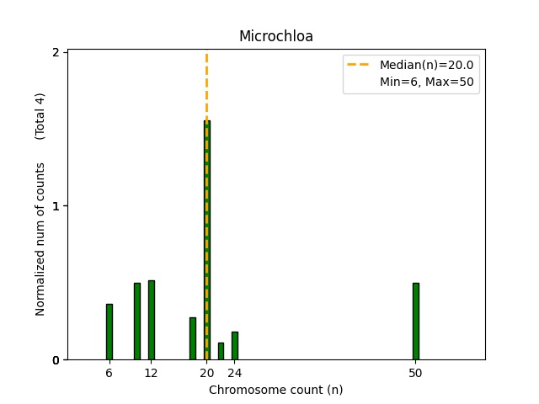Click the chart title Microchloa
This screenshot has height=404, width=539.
click(275, 37)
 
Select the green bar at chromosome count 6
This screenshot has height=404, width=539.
click(109, 332)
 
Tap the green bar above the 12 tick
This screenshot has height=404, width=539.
click(151, 320)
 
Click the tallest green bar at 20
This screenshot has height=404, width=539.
click(206, 240)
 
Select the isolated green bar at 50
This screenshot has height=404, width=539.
click(415, 322)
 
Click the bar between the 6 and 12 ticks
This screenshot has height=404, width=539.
click(136, 322)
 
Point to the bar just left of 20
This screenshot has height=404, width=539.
click(192, 338)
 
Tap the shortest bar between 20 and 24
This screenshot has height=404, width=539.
click(221, 351)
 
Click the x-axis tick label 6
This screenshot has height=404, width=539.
click(109, 373)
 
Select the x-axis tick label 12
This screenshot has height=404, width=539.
click(151, 373)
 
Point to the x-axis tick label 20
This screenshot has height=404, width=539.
click(206, 373)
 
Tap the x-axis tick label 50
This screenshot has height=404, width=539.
click(415, 373)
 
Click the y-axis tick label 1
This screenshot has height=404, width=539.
click(56, 206)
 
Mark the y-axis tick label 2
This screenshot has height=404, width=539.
click(56, 52)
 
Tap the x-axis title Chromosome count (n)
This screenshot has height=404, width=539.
click(275, 390)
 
